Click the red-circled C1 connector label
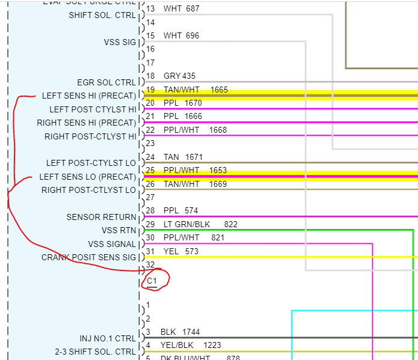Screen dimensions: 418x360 click(152, 281)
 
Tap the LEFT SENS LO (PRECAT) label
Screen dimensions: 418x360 click(88, 177)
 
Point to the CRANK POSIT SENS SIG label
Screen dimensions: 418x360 click(89, 257)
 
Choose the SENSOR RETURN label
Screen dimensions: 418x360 click(102, 217)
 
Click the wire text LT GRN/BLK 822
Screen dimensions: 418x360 click(200, 224)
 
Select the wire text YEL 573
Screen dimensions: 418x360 click(180, 251)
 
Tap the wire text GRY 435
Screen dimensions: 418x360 click(179, 76)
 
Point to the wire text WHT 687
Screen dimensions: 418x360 click(181, 9)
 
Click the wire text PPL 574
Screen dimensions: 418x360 click(180, 211)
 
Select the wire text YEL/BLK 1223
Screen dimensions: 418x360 click(191, 345)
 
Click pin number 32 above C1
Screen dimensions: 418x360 click(150, 264)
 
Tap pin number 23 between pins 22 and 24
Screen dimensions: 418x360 click(150, 143)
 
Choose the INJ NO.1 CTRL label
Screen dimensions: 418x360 click(108, 338)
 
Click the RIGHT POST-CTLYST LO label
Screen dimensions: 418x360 click(89, 190)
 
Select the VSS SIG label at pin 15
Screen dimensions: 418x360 click(120, 42)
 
